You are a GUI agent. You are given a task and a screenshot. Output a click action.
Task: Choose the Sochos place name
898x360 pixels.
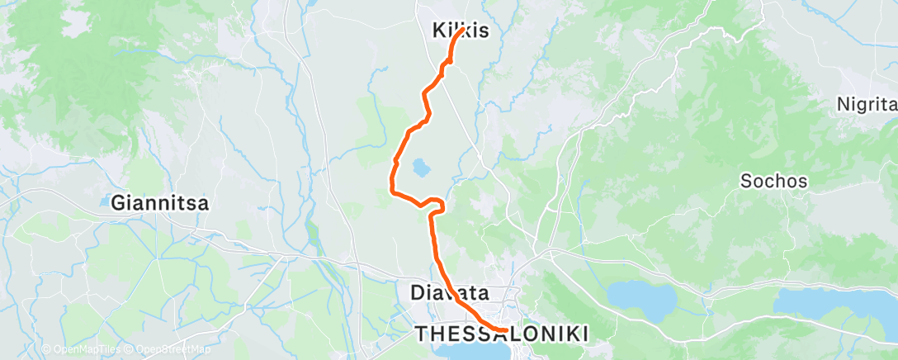[x=773, y=180]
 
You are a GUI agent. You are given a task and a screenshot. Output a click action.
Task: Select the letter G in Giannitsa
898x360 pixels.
[x=118, y=201]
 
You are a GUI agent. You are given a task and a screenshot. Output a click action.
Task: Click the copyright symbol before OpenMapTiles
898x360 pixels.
[x=46, y=350]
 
